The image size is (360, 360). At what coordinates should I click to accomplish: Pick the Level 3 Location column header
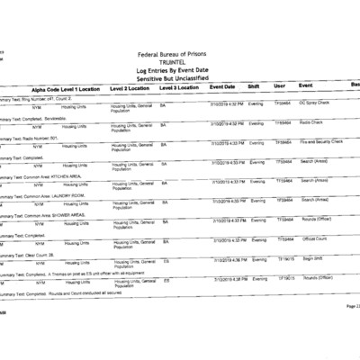179,87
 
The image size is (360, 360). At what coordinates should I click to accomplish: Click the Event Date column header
222,86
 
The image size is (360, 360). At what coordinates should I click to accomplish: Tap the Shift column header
254,86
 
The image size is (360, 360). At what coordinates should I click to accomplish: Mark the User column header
279,86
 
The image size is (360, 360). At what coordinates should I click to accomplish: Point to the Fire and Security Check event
321,141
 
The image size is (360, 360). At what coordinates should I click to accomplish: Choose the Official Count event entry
315,239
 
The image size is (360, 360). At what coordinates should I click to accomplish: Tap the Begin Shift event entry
312,258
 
